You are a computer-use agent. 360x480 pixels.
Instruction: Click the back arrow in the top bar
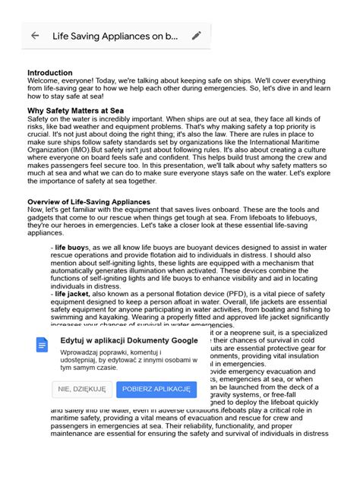tap(35, 36)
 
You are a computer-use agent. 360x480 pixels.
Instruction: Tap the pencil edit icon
tap(196, 36)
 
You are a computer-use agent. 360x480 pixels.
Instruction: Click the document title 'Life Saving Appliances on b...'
tap(115, 36)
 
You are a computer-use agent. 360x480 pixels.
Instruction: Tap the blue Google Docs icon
tap(42, 344)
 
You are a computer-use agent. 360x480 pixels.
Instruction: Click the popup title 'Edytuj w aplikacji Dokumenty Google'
tap(129, 341)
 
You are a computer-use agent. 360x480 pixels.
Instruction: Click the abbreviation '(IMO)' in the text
tap(76, 149)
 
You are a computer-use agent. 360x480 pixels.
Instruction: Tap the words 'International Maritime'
tap(290, 141)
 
